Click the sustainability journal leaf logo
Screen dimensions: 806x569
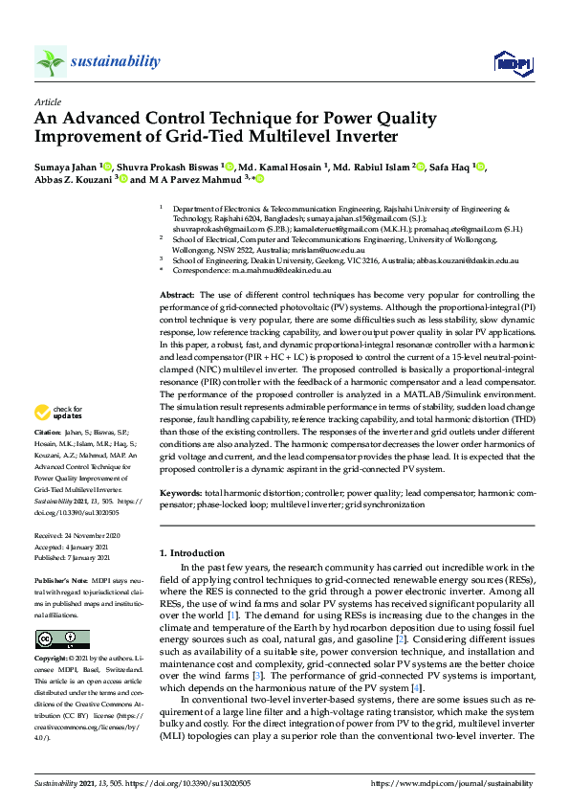[x=51, y=61]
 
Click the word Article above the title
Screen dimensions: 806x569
[x=48, y=101]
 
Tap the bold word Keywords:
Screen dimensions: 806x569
[x=179, y=491]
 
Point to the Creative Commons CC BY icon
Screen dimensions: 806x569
[x=50, y=638]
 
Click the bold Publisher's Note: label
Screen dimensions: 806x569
[x=59, y=581]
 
